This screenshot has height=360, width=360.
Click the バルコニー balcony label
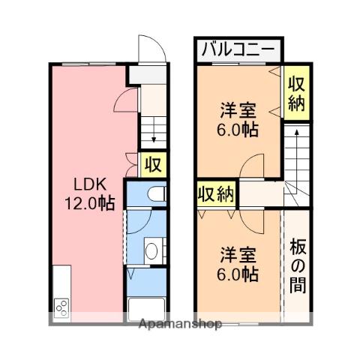click(x=239, y=50)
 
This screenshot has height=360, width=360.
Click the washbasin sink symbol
click(x=152, y=250)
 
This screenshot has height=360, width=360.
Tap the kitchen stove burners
click(x=61, y=307)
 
